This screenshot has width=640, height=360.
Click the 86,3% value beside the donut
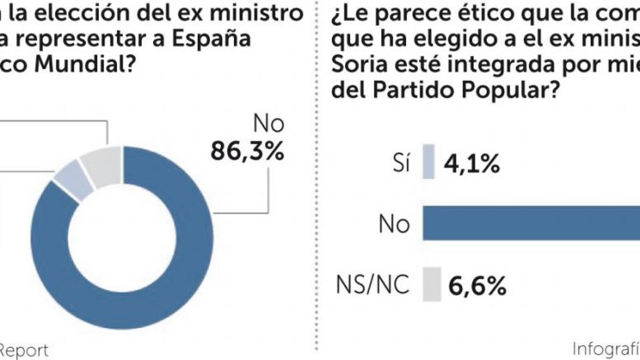pos(247,151)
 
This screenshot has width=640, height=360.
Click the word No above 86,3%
pos(269,124)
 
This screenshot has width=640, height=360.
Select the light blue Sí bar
pos(428,161)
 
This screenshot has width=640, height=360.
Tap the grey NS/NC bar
pos(432,284)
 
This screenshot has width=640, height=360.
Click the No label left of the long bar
pos(394,224)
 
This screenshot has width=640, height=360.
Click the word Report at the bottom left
pos(24,350)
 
